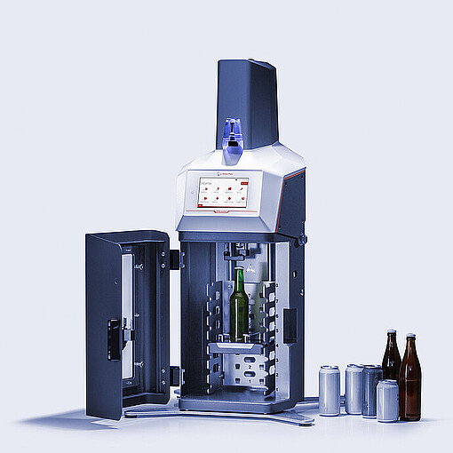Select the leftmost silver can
pos(330,390)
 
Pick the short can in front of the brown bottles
pos(387,401)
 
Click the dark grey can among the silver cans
pos(370,388)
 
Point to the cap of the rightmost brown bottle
pos(409,337)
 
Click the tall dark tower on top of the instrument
pos(247,98)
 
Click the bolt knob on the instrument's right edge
pos(302,240)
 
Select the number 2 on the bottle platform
pos(251,366)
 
